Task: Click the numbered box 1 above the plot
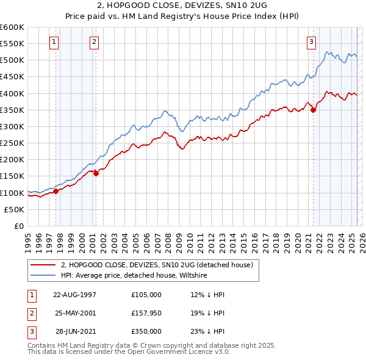pos(54,42)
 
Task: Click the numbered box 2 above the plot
pos(95,42)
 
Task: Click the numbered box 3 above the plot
pos(311,42)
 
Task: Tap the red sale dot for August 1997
pos(56,191)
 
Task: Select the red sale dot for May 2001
pos(96,173)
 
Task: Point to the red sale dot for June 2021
pos(313,110)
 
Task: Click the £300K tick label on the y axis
pos(12,126)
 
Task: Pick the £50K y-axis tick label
pos(15,209)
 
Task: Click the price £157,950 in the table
pos(146,313)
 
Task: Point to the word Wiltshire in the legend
pos(209,275)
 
